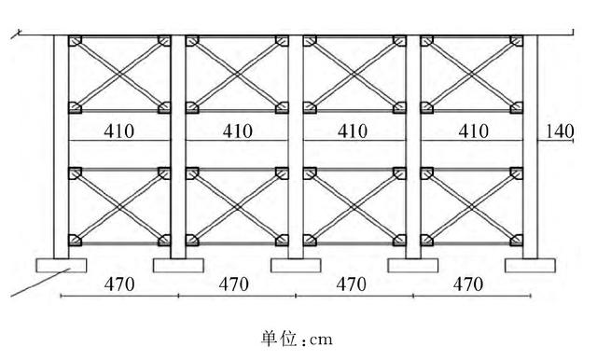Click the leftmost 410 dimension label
[119, 132]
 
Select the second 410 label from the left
[237, 132]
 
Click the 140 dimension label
[559, 132]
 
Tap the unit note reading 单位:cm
[298, 336]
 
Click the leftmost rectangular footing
[61, 266]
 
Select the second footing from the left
[178, 266]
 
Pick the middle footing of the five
[296, 266]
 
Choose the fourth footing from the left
[413, 266]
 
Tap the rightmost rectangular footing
[530, 266]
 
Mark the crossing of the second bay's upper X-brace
[237, 75]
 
